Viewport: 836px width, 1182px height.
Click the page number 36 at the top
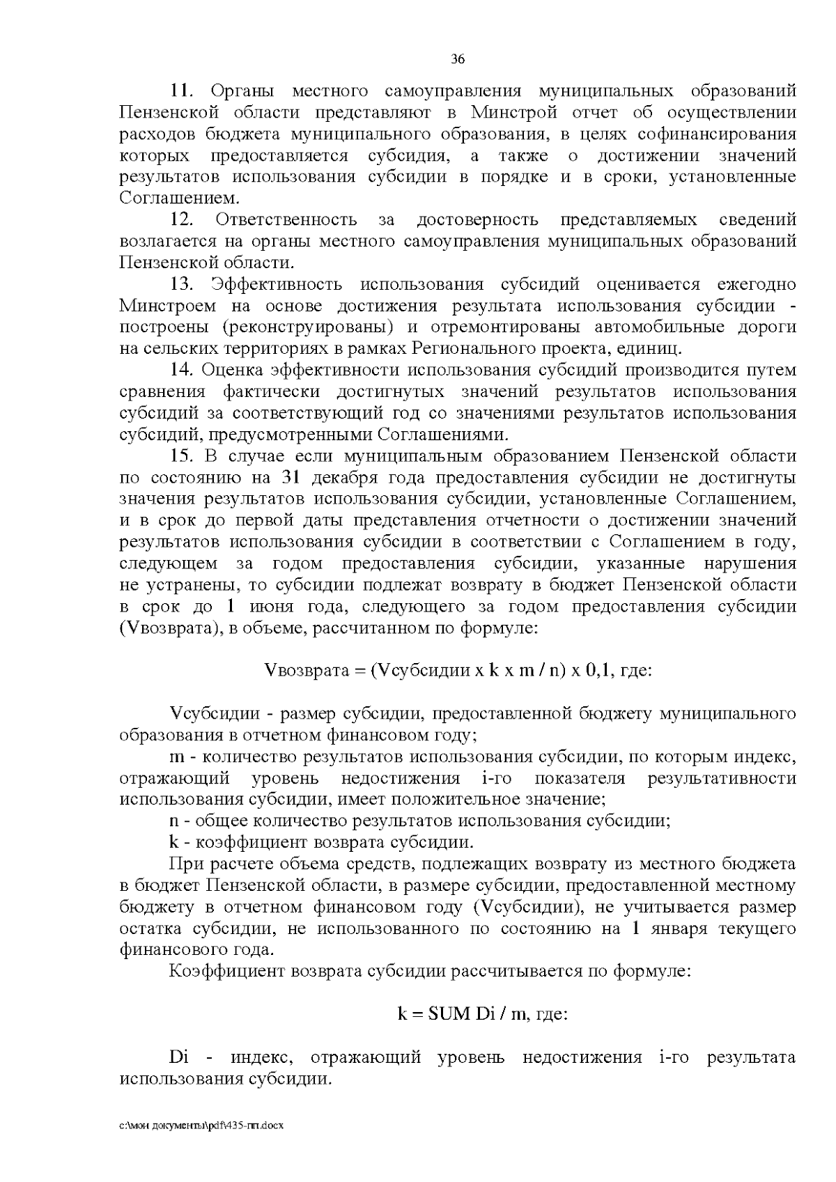pos(458,59)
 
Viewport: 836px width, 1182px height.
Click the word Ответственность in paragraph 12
pos(286,220)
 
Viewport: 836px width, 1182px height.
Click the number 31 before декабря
pos(291,478)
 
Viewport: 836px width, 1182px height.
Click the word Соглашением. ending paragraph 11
pos(179,199)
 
